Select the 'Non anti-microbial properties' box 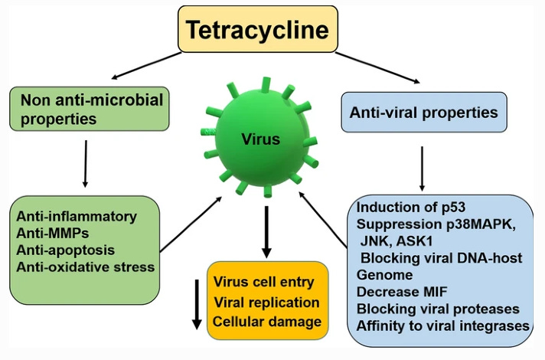(91, 110)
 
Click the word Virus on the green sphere (261, 140)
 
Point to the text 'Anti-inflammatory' (77, 217)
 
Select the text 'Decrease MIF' (398, 291)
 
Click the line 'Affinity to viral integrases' (443, 326)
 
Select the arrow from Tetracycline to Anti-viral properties (378, 67)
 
